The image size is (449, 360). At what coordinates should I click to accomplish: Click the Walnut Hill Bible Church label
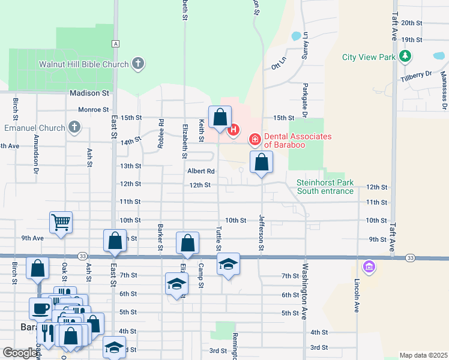(x=83, y=64)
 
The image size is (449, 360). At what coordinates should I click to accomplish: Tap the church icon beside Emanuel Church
(x=74, y=127)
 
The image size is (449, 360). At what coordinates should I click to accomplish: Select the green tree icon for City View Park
(x=406, y=56)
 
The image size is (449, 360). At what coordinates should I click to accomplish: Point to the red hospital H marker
(x=234, y=129)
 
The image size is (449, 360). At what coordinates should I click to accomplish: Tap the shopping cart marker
(x=61, y=223)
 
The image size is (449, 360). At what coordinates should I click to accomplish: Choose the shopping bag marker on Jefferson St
(x=262, y=162)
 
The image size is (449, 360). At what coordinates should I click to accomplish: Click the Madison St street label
(x=89, y=93)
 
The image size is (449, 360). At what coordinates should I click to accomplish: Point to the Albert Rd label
(x=200, y=171)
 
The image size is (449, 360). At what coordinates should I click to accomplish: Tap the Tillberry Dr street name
(x=416, y=76)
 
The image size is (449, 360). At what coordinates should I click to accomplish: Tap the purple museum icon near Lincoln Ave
(x=369, y=265)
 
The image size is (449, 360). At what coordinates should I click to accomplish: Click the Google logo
(x=20, y=353)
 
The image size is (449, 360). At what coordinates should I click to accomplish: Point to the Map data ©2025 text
(x=423, y=355)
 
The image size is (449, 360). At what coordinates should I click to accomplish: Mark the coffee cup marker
(x=40, y=308)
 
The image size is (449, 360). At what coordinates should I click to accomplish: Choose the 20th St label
(x=412, y=23)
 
